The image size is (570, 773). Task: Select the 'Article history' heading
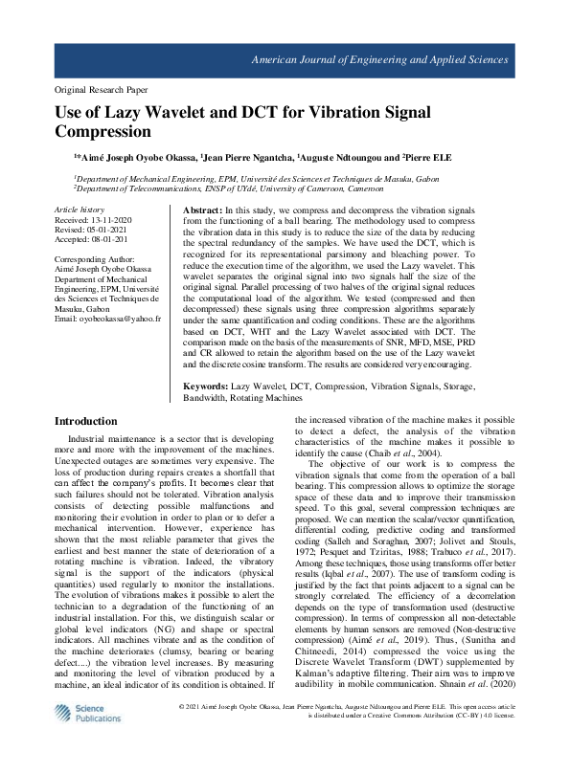[x=80, y=209]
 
